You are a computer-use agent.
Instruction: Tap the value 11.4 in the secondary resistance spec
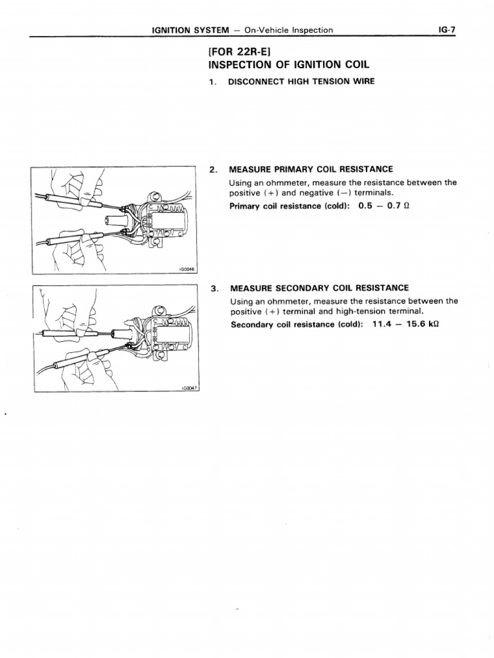380,324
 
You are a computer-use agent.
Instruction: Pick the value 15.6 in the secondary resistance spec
414,324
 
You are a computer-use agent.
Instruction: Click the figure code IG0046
187,270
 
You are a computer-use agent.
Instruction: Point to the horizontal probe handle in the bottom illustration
62,334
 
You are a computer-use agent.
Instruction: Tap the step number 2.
213,170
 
